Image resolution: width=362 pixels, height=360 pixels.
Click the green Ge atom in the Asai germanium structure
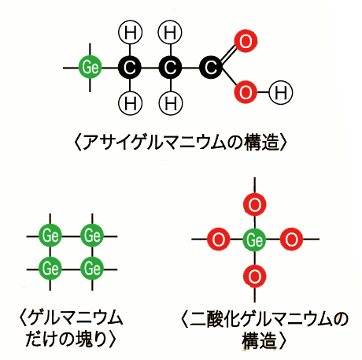click(90, 68)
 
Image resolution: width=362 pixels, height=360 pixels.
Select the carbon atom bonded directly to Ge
click(130, 68)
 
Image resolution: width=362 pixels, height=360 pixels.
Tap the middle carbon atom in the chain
click(170, 68)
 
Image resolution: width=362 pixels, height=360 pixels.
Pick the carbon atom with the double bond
click(211, 68)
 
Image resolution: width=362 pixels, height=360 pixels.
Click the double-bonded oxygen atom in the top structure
click(246, 41)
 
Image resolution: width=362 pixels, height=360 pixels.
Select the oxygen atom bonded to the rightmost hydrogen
click(246, 92)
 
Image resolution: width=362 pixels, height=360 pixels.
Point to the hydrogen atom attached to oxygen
click(281, 92)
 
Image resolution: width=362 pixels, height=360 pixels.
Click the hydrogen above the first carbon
click(131, 33)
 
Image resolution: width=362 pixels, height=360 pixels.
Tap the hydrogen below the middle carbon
click(171, 102)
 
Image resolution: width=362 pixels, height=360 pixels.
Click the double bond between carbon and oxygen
click(228, 54)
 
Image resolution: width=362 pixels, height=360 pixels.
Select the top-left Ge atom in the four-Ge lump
click(50, 236)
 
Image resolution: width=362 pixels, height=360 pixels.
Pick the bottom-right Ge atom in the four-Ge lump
click(92, 269)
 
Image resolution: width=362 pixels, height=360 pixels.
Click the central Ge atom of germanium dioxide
click(254, 239)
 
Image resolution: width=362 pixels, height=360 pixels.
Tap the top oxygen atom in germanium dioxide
click(255, 204)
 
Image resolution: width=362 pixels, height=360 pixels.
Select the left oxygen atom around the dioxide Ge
click(219, 239)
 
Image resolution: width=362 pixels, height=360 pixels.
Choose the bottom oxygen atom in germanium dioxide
click(255, 276)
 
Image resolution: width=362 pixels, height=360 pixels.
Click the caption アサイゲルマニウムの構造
click(181, 143)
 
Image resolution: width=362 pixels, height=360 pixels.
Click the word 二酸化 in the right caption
click(216, 319)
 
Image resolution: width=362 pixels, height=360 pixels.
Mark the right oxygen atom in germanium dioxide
click(291, 239)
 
